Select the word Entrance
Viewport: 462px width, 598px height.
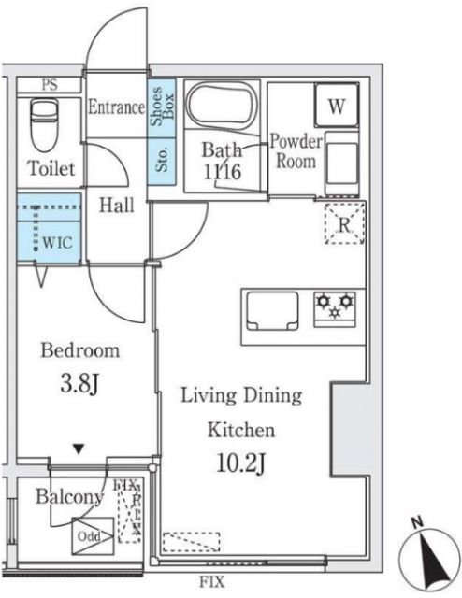116,107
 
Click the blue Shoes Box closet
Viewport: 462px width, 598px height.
159,107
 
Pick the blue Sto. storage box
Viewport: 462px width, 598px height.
160,161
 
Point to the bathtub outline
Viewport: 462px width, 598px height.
221,107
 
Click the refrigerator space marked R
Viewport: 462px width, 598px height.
343,223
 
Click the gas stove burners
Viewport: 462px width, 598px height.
335,305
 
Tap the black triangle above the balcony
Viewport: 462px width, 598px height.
79,449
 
